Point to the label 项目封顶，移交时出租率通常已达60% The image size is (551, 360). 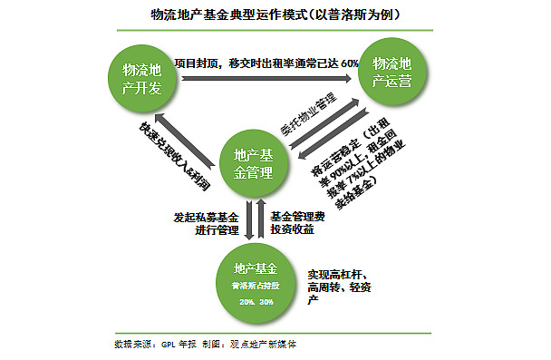(266, 63)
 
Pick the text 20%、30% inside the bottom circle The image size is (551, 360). (256, 301)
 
